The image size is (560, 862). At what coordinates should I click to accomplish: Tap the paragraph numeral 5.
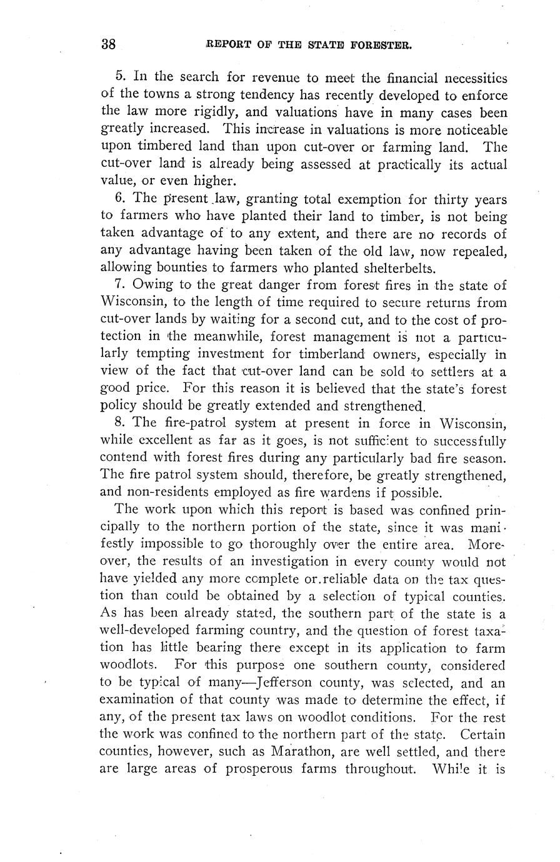(x=121, y=77)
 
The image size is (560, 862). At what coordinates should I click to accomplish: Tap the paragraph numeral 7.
(x=121, y=285)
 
